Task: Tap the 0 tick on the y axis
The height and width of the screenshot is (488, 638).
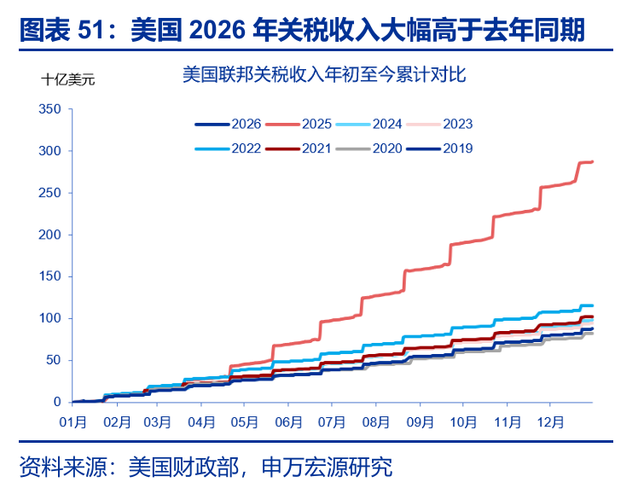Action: point(58,402)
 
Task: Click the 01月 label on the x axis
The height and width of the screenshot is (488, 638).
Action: point(72,421)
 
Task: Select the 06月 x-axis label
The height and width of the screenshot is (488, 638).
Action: point(288,421)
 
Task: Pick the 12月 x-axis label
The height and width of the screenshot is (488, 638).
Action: point(549,421)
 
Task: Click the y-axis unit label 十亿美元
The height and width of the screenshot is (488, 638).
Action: point(68,80)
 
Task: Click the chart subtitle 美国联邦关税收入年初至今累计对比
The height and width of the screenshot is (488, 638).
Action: point(323,75)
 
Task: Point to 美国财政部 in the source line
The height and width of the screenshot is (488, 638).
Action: point(170,467)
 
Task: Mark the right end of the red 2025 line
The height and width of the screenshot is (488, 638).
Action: point(593,161)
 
